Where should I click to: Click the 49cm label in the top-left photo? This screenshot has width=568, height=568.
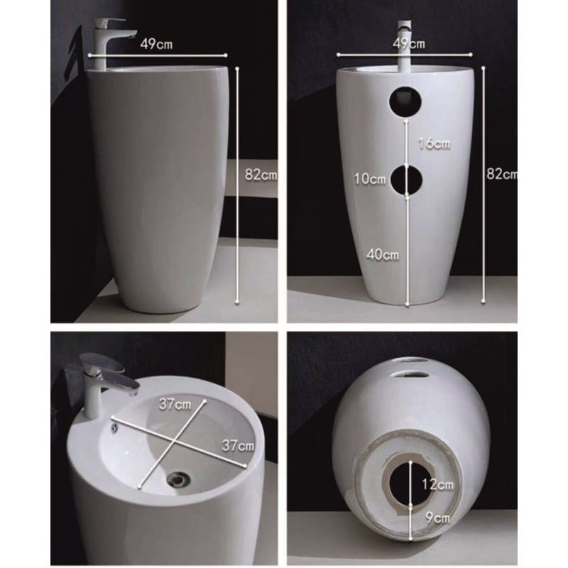156,44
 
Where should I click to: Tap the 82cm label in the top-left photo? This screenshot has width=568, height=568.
261,175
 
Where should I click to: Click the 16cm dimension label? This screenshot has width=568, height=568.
435,143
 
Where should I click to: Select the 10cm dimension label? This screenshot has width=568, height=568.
370,179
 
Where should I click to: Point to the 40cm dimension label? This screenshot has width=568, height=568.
383,255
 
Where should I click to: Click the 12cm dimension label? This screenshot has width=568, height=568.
437,484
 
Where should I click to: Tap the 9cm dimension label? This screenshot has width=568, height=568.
437,518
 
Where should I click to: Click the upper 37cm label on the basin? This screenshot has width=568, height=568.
175,404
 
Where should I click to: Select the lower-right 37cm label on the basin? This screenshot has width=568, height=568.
238,446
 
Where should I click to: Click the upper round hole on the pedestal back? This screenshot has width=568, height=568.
405,101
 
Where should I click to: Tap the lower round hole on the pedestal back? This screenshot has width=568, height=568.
406,180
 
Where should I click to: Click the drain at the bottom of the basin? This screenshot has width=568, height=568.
178,479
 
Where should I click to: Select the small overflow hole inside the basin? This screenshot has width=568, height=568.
114,428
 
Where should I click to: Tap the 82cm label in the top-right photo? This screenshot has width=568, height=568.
502,174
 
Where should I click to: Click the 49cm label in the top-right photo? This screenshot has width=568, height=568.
409,44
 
